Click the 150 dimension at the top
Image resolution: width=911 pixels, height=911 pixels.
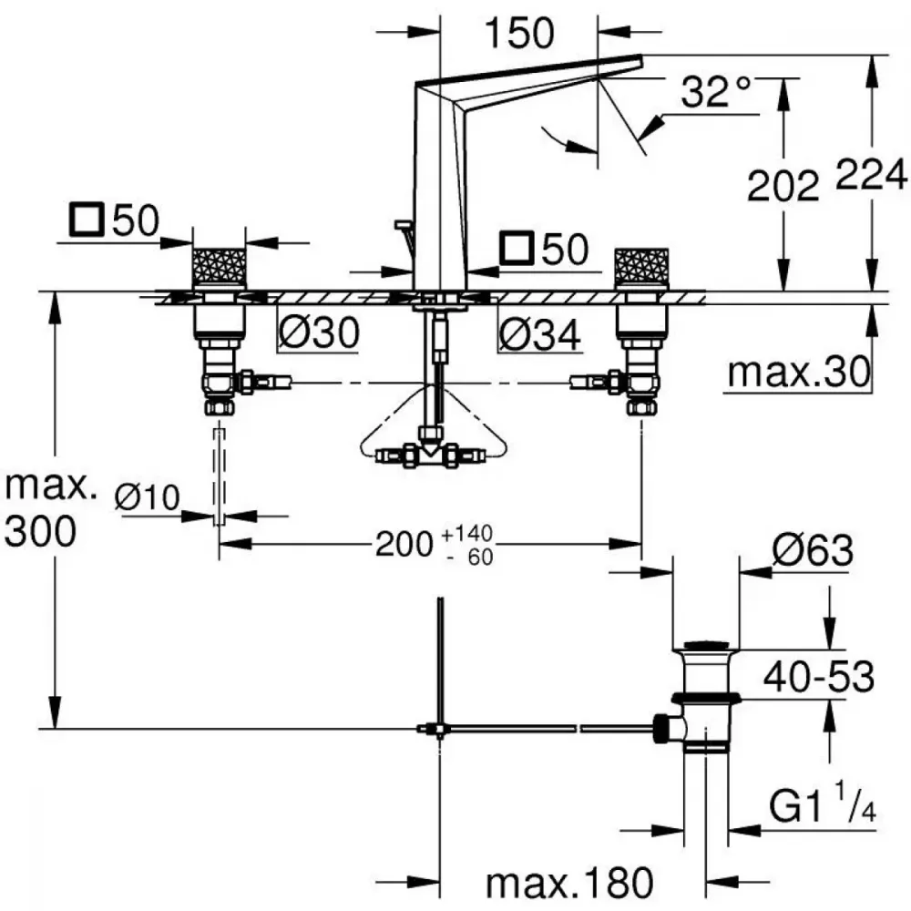point(519,33)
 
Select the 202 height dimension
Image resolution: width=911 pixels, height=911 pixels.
point(783,186)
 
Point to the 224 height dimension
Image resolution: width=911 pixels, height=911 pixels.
point(871,174)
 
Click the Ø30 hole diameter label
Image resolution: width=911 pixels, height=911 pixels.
point(319,333)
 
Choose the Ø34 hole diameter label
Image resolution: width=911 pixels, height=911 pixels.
point(539,334)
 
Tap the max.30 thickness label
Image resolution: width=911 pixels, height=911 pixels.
point(799,372)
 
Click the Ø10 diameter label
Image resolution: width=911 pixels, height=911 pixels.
point(147,497)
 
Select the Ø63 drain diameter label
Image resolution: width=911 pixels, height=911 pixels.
point(813,549)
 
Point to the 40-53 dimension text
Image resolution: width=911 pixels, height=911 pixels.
point(819,676)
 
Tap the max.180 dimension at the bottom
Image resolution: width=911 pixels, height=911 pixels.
point(569,884)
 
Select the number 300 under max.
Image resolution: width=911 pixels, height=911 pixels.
point(40,531)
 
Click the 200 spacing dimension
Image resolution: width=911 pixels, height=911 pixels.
point(404,545)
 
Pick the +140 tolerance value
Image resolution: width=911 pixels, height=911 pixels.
point(467,533)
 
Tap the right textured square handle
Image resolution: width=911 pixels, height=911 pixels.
point(642,267)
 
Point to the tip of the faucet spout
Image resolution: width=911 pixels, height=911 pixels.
point(642,56)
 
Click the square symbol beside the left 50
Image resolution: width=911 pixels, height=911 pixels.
point(87,220)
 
